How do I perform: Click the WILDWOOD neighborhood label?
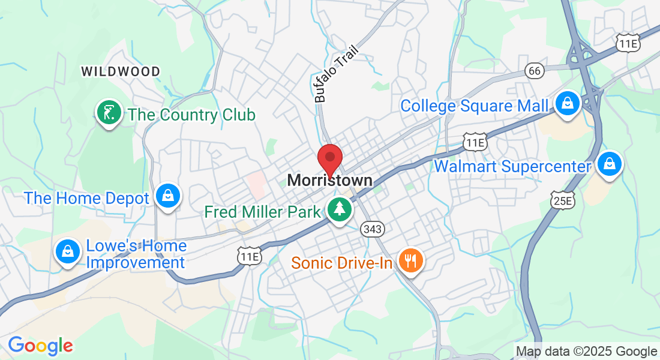[121, 71]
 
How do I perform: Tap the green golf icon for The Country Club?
[109, 113]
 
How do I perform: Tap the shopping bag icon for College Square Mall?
[566, 103]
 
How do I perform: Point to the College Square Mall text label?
[474, 106]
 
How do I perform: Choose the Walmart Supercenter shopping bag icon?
[610, 163]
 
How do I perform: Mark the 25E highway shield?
[562, 201]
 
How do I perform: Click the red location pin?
[329, 159]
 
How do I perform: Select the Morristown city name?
[329, 180]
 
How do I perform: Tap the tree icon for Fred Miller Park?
[340, 209]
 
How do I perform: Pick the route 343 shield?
[372, 229]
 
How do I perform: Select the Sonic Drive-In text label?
[342, 263]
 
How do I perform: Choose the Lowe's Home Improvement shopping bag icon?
[68, 251]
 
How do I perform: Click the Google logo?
[40, 346]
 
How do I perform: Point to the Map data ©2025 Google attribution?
[586, 352]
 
